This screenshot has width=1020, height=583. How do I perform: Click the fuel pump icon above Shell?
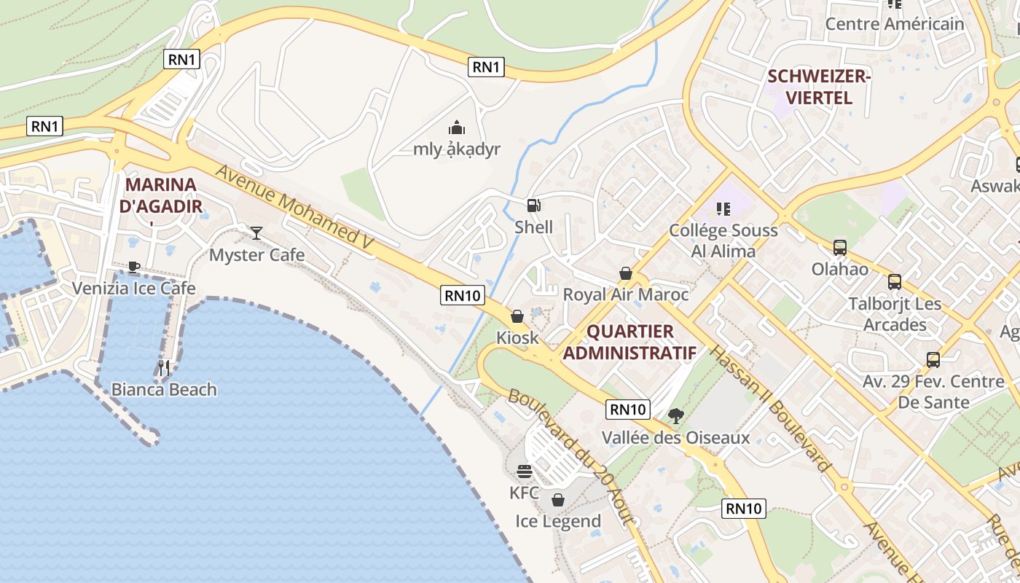point(534,206)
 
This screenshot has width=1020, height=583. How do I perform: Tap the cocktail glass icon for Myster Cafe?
point(256,232)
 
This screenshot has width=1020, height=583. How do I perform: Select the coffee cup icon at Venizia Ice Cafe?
point(133,267)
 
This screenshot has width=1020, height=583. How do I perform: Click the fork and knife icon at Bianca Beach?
point(164,368)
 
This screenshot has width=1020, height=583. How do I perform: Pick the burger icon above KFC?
point(524,472)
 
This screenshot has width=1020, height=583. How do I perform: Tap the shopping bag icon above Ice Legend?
point(558,500)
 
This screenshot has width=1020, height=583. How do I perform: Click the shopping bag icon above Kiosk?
point(517,316)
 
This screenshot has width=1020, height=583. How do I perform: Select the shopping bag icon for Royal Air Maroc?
point(625,273)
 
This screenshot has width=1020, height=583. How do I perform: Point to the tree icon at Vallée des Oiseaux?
point(675,416)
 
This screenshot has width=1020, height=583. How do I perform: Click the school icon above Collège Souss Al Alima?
point(723,209)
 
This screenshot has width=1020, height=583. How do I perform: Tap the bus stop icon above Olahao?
point(840,248)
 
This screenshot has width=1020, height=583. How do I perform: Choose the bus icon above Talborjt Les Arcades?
point(894,282)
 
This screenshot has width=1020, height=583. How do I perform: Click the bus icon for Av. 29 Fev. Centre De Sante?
point(933,359)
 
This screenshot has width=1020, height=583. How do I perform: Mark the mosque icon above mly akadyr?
point(457,128)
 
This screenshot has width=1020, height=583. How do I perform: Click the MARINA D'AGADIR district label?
point(160,195)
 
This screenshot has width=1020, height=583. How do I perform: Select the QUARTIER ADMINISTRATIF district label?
point(630,343)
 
